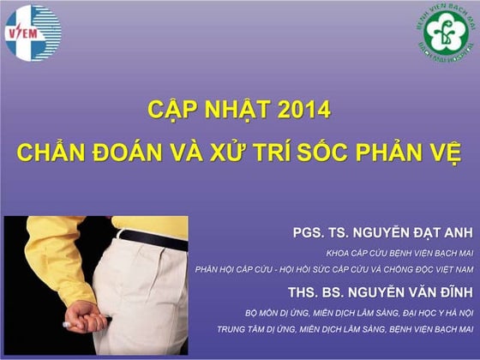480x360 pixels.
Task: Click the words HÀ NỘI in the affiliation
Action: [458, 311]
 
